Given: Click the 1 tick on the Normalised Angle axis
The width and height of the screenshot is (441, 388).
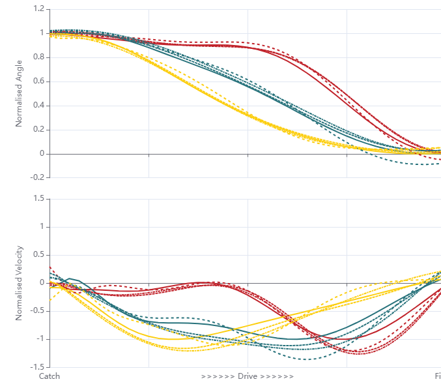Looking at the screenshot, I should pyautogui.click(x=41, y=33).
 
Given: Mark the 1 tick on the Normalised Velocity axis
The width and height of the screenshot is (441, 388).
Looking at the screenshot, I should pyautogui.click(x=41, y=227).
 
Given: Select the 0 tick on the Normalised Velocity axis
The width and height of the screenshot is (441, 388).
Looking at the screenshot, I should pyautogui.click(x=41, y=283).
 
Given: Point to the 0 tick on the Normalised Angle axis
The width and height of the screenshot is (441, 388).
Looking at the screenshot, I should pyautogui.click(x=41, y=154).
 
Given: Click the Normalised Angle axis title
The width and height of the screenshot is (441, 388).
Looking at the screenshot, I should pyautogui.click(x=20, y=93).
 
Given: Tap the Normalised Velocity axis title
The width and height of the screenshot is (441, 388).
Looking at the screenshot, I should pyautogui.click(x=20, y=283).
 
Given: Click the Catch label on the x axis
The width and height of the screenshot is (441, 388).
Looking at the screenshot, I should pyautogui.click(x=50, y=376).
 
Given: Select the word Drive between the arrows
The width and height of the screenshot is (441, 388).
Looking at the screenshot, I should pyautogui.click(x=248, y=376).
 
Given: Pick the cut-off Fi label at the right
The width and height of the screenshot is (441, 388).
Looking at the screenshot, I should pyautogui.click(x=437, y=376).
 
